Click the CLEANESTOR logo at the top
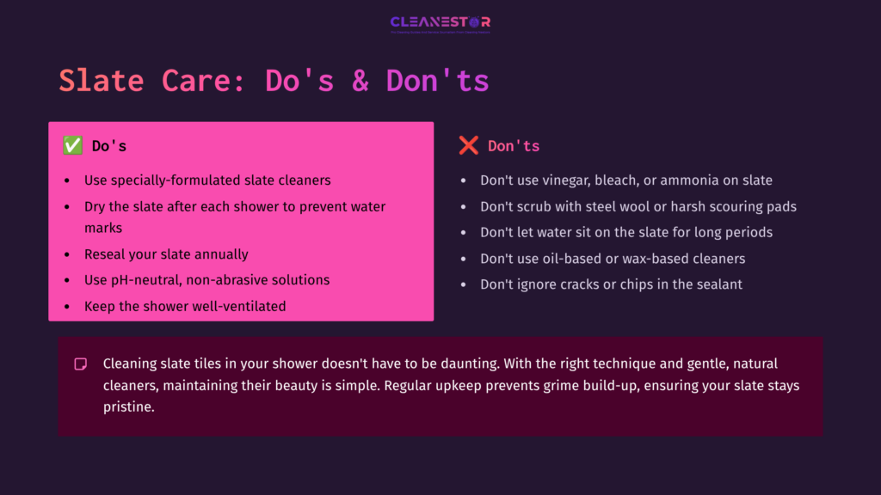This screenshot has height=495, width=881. pos(440,22)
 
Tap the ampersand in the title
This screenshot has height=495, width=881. pos(360,81)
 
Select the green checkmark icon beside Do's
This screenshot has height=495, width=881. pos(72,146)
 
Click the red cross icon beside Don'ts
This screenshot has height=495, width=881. pos(468,146)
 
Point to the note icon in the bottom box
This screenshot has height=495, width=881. pos(81,364)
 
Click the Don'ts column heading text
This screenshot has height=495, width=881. pos(514,146)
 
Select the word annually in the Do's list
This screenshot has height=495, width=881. pos(220,254)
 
